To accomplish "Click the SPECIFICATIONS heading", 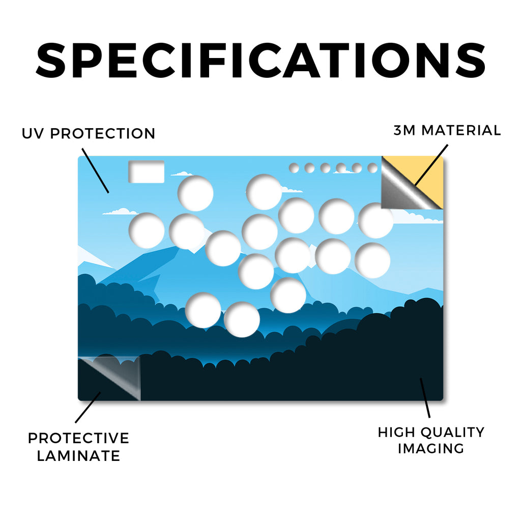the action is click(x=260, y=61).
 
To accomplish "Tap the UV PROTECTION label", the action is click(x=89, y=134).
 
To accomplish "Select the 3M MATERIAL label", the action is click(x=447, y=130).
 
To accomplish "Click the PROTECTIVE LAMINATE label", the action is click(x=78, y=447).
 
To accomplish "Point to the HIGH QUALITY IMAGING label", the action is click(x=431, y=440).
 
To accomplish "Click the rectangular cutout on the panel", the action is click(x=147, y=172).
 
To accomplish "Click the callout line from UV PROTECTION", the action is click(x=95, y=171).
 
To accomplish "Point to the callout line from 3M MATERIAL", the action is click(x=431, y=165).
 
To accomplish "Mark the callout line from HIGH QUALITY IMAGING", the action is click(x=425, y=398).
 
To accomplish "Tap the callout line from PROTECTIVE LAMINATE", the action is click(x=88, y=408).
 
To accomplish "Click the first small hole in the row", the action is click(x=294, y=168).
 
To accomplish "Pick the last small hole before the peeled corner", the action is click(x=373, y=168).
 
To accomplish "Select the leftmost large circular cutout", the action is click(x=147, y=230).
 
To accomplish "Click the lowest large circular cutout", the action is click(x=242, y=320).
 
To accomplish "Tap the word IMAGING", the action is click(x=431, y=448).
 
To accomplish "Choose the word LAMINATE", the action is click(x=78, y=456).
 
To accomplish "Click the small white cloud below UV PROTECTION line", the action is click(x=120, y=212).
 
